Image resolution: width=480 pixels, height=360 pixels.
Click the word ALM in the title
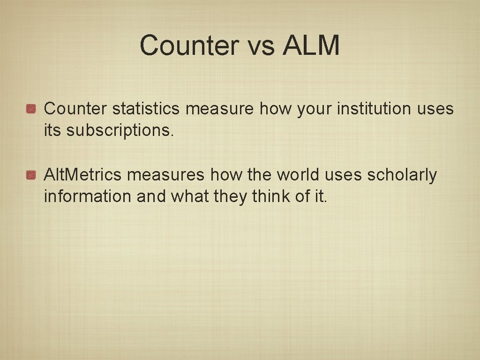click(311, 45)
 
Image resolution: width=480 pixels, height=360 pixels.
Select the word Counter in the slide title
click(189, 45)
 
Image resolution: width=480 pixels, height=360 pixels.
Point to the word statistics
click(146, 109)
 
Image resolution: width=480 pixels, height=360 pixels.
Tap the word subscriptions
click(120, 131)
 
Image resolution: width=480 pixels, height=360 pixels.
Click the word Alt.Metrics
click(82, 175)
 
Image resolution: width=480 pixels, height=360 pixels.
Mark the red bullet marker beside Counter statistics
click(31, 109)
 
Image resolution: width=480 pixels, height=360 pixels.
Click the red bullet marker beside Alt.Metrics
click(31, 175)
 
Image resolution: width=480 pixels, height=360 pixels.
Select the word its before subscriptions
click(52, 131)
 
